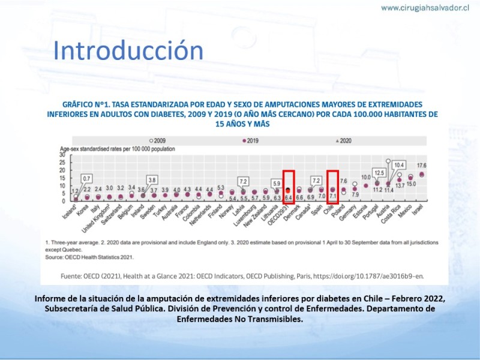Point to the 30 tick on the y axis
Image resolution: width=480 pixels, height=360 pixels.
pyautogui.click(x=61, y=154)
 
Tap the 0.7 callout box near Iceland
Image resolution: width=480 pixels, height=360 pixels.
pyautogui.click(x=86, y=178)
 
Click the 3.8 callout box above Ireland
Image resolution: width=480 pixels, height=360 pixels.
pyautogui.click(x=152, y=179)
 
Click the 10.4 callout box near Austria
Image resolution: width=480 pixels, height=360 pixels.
pyautogui.click(x=400, y=164)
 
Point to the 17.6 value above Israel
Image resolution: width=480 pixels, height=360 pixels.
pyautogui.click(x=422, y=166)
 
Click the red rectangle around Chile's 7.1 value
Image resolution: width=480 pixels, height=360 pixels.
pyautogui.click(x=334, y=187)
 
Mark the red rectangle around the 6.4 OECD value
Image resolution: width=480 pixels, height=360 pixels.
pyautogui.click(x=289, y=187)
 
